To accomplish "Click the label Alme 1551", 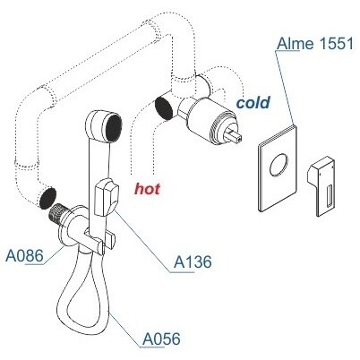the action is click(x=314, y=44).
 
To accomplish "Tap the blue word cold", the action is click(x=253, y=102).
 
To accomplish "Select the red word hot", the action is click(x=147, y=189).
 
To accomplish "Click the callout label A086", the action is click(x=24, y=256).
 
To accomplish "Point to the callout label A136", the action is click(x=193, y=262).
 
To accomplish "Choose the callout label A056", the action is click(x=161, y=339).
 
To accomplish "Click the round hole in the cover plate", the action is click(x=279, y=165).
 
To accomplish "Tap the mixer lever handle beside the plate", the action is click(x=321, y=185).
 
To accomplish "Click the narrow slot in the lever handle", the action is click(x=330, y=196).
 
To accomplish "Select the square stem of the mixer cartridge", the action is click(x=235, y=134).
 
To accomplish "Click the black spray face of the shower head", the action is click(x=114, y=126).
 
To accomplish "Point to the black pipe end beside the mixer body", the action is click(x=164, y=107).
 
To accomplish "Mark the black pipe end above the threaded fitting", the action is click(x=47, y=198).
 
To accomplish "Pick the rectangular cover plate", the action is click(x=278, y=168).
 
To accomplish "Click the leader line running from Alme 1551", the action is click(x=286, y=88).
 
